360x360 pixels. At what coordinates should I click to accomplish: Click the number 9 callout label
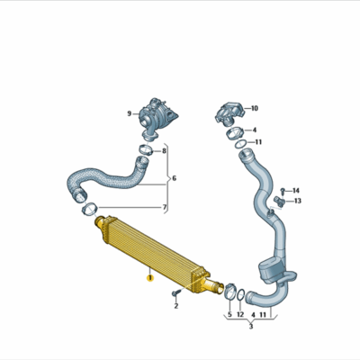pyautogui.click(x=129, y=112)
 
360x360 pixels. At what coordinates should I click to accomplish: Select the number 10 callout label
pyautogui.click(x=254, y=107)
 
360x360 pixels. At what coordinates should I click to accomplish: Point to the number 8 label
pyautogui.click(x=164, y=150)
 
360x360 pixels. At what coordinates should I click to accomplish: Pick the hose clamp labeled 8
pyautogui.click(x=144, y=148)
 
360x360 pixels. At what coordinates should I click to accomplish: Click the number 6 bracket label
pyautogui.click(x=174, y=178)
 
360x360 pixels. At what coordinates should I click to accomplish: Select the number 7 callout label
pyautogui.click(x=164, y=208)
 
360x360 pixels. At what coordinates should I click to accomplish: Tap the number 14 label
pyautogui.click(x=296, y=190)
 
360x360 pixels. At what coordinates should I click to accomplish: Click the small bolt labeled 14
pyautogui.click(x=282, y=191)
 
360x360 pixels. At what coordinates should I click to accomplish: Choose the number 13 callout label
pyautogui.click(x=297, y=202)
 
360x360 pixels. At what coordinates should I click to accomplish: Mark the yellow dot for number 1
pyautogui.click(x=150, y=280)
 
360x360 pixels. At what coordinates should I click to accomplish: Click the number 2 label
pyautogui.click(x=176, y=306)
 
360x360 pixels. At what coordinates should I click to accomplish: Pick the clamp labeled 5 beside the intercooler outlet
pyautogui.click(x=229, y=291)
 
